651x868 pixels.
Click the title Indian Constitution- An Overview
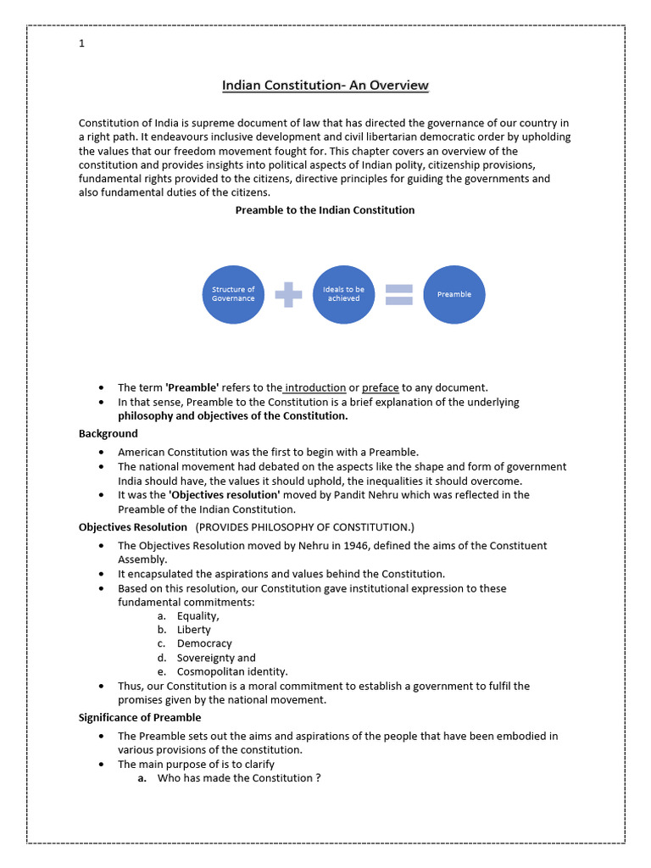tap(325, 86)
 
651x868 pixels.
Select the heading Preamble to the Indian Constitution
tap(325, 209)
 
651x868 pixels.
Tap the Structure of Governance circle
tap(233, 294)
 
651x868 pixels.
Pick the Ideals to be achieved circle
tap(343, 294)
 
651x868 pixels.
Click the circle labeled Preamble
tap(454, 294)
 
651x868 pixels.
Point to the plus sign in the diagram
tap(288, 294)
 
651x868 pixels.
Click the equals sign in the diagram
tap(399, 294)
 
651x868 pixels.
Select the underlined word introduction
tap(315, 387)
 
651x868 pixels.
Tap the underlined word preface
tap(381, 387)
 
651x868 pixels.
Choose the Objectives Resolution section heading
tap(133, 526)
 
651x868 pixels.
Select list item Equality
tap(198, 616)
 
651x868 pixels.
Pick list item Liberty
tap(194, 630)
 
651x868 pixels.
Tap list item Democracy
tap(204, 643)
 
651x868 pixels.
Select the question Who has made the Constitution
tap(239, 778)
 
